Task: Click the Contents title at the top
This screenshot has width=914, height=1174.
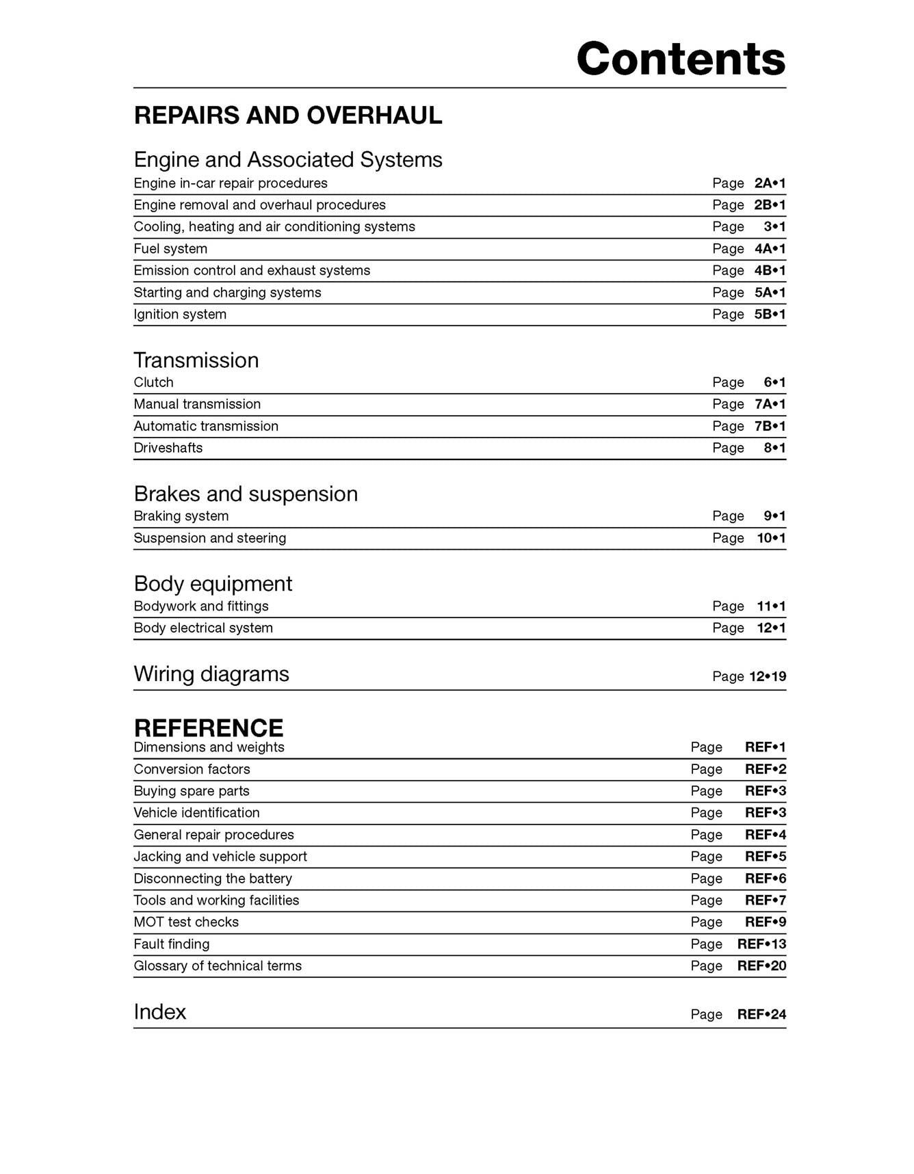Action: [681, 59]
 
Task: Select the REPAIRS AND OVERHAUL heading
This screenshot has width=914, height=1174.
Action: [288, 116]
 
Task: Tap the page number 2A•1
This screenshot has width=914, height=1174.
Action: [770, 183]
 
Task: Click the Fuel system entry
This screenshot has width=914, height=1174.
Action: [170, 249]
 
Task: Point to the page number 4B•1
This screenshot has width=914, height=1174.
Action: [770, 271]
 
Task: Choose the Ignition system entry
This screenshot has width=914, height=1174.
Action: [180, 315]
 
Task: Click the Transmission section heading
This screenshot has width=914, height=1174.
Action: [196, 360]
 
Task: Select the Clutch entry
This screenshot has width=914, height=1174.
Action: [153, 382]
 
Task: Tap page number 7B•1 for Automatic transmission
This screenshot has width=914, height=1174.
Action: [770, 427]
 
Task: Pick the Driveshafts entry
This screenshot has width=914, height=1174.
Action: [168, 448]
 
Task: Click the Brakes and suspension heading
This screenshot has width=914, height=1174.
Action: [246, 494]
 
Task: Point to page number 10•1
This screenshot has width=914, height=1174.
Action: [771, 538]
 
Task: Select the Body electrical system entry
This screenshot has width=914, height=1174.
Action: [203, 628]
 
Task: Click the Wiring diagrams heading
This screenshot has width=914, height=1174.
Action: [211, 674]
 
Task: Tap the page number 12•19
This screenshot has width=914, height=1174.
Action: [768, 677]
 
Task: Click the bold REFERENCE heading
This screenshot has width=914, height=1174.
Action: [209, 728]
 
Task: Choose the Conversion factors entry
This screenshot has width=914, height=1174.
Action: [192, 769]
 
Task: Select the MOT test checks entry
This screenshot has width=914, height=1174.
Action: [186, 922]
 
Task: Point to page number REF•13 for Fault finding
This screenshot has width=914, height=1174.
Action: [761, 944]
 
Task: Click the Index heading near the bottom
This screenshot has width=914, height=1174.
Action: [159, 1012]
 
